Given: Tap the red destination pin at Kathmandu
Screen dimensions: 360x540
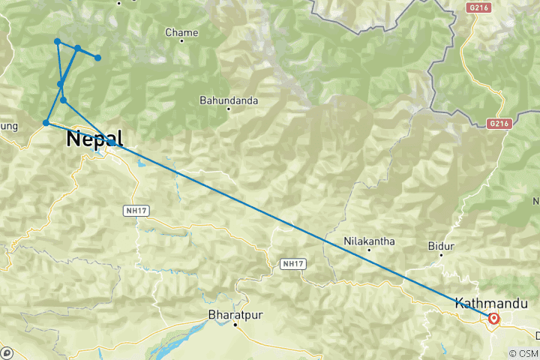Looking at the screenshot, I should coord(494,318).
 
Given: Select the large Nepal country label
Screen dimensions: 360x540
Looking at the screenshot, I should coord(94,139).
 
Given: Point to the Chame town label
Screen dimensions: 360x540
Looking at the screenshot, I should coord(181,33).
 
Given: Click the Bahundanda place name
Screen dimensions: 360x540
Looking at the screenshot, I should coord(229,100).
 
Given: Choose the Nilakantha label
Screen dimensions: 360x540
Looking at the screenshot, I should coord(369,241).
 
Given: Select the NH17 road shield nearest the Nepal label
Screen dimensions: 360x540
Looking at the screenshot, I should coord(136,211).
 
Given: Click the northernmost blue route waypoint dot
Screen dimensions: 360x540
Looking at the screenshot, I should coord(58,42).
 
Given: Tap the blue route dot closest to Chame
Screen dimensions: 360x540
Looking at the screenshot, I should coord(97,58).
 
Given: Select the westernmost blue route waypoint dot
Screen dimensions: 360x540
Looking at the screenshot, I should coord(46,123).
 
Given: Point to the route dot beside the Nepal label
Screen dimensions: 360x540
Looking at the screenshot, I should coord(110,141).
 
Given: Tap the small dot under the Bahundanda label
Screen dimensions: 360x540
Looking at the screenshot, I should coord(229,109).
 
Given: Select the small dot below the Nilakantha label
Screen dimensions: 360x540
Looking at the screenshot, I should coord(369,250).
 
